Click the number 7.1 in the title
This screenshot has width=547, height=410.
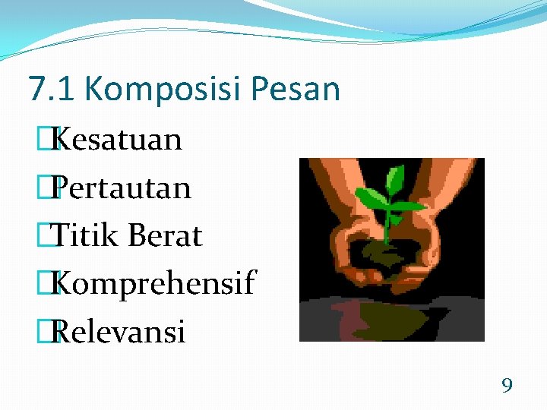tap(52, 89)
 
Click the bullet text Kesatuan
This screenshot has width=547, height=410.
tap(118, 140)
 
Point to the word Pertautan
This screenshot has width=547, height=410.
tap(122, 188)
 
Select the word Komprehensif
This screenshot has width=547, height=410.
tap(154, 284)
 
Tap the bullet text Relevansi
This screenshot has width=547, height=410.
tap(119, 332)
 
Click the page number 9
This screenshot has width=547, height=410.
tap(507, 386)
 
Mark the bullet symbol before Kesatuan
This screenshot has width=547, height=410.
tap(52, 140)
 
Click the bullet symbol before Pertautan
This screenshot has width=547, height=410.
tap(52, 188)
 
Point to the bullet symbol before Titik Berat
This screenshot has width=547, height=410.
tap(52, 235)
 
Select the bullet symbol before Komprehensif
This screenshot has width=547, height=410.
tap(52, 284)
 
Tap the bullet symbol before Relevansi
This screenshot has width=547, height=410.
tap(52, 332)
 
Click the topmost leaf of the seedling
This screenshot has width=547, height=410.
tap(394, 179)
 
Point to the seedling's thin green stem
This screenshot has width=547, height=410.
tap(387, 224)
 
